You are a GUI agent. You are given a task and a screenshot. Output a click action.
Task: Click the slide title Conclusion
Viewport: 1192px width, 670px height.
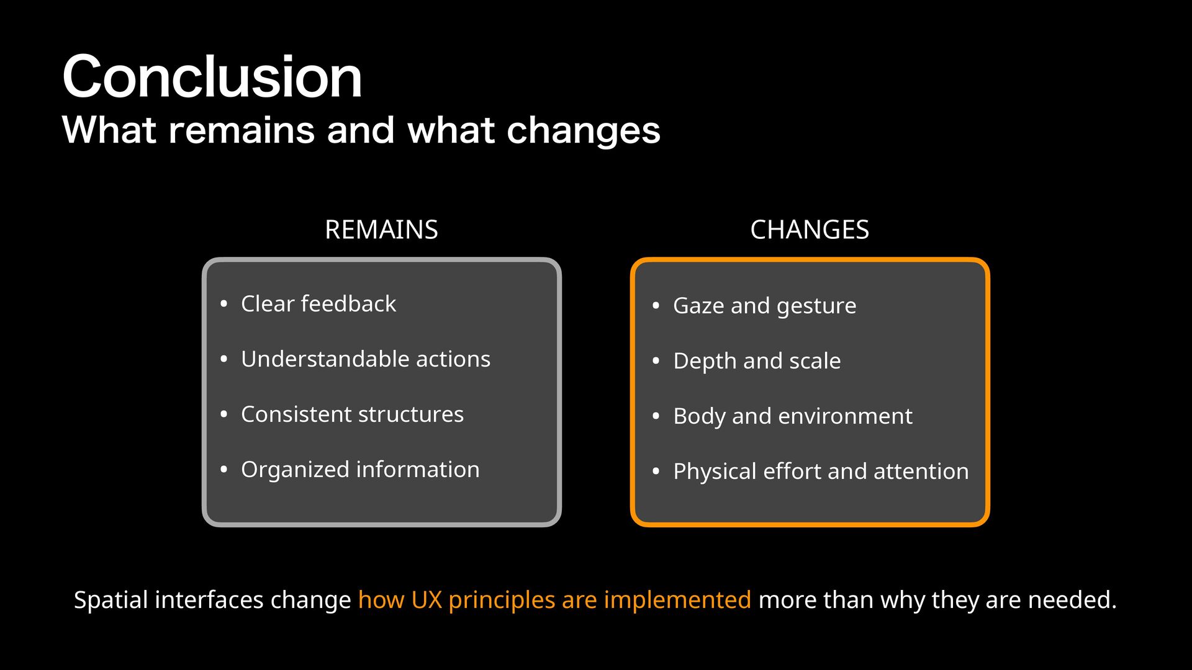pos(212,76)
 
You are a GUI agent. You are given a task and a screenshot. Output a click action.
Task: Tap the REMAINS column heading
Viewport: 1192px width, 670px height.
pos(381,230)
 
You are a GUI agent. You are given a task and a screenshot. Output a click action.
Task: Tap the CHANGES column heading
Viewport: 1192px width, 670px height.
pos(810,230)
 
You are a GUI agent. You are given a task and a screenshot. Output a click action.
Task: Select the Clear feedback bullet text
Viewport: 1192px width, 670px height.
pos(318,303)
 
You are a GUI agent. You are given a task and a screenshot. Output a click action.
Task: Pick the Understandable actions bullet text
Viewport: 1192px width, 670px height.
pos(366,359)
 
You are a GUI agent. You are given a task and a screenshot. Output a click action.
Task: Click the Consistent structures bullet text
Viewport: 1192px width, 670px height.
pos(352,414)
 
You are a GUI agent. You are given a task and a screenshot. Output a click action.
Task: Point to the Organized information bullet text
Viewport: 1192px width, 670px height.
pos(360,470)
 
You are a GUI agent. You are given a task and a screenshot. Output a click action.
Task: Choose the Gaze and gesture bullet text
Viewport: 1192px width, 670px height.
pos(765,306)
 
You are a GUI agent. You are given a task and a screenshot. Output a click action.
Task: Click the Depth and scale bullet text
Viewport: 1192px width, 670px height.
pos(757,361)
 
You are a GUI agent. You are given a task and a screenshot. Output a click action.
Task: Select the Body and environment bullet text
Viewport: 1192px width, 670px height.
pos(793,416)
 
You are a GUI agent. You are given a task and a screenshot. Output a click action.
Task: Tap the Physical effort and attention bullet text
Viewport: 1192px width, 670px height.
pos(821,471)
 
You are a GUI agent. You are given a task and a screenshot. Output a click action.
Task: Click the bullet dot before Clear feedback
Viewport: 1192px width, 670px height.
pos(224,304)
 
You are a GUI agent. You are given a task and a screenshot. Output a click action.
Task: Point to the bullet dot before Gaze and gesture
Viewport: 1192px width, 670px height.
pos(656,306)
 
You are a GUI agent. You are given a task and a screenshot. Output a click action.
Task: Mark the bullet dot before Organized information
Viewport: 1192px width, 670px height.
pos(224,470)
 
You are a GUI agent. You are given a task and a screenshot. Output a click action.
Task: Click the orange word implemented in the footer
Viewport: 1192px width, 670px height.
pos(677,601)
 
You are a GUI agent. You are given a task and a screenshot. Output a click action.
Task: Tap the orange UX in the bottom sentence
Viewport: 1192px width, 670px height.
pos(427,600)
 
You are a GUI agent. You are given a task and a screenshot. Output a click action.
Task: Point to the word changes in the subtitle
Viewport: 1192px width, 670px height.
pos(584,132)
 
